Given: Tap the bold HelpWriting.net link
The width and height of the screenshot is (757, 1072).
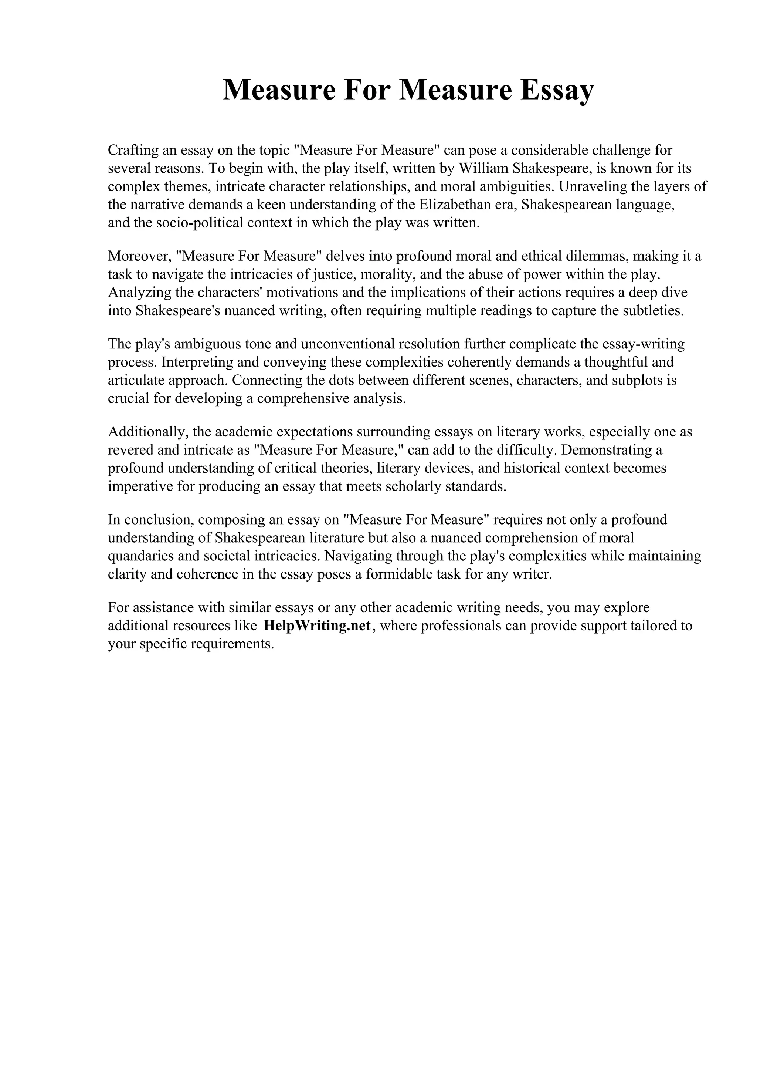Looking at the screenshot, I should (317, 626).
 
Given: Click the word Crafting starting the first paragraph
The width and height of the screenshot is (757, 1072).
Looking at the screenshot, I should (132, 150).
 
